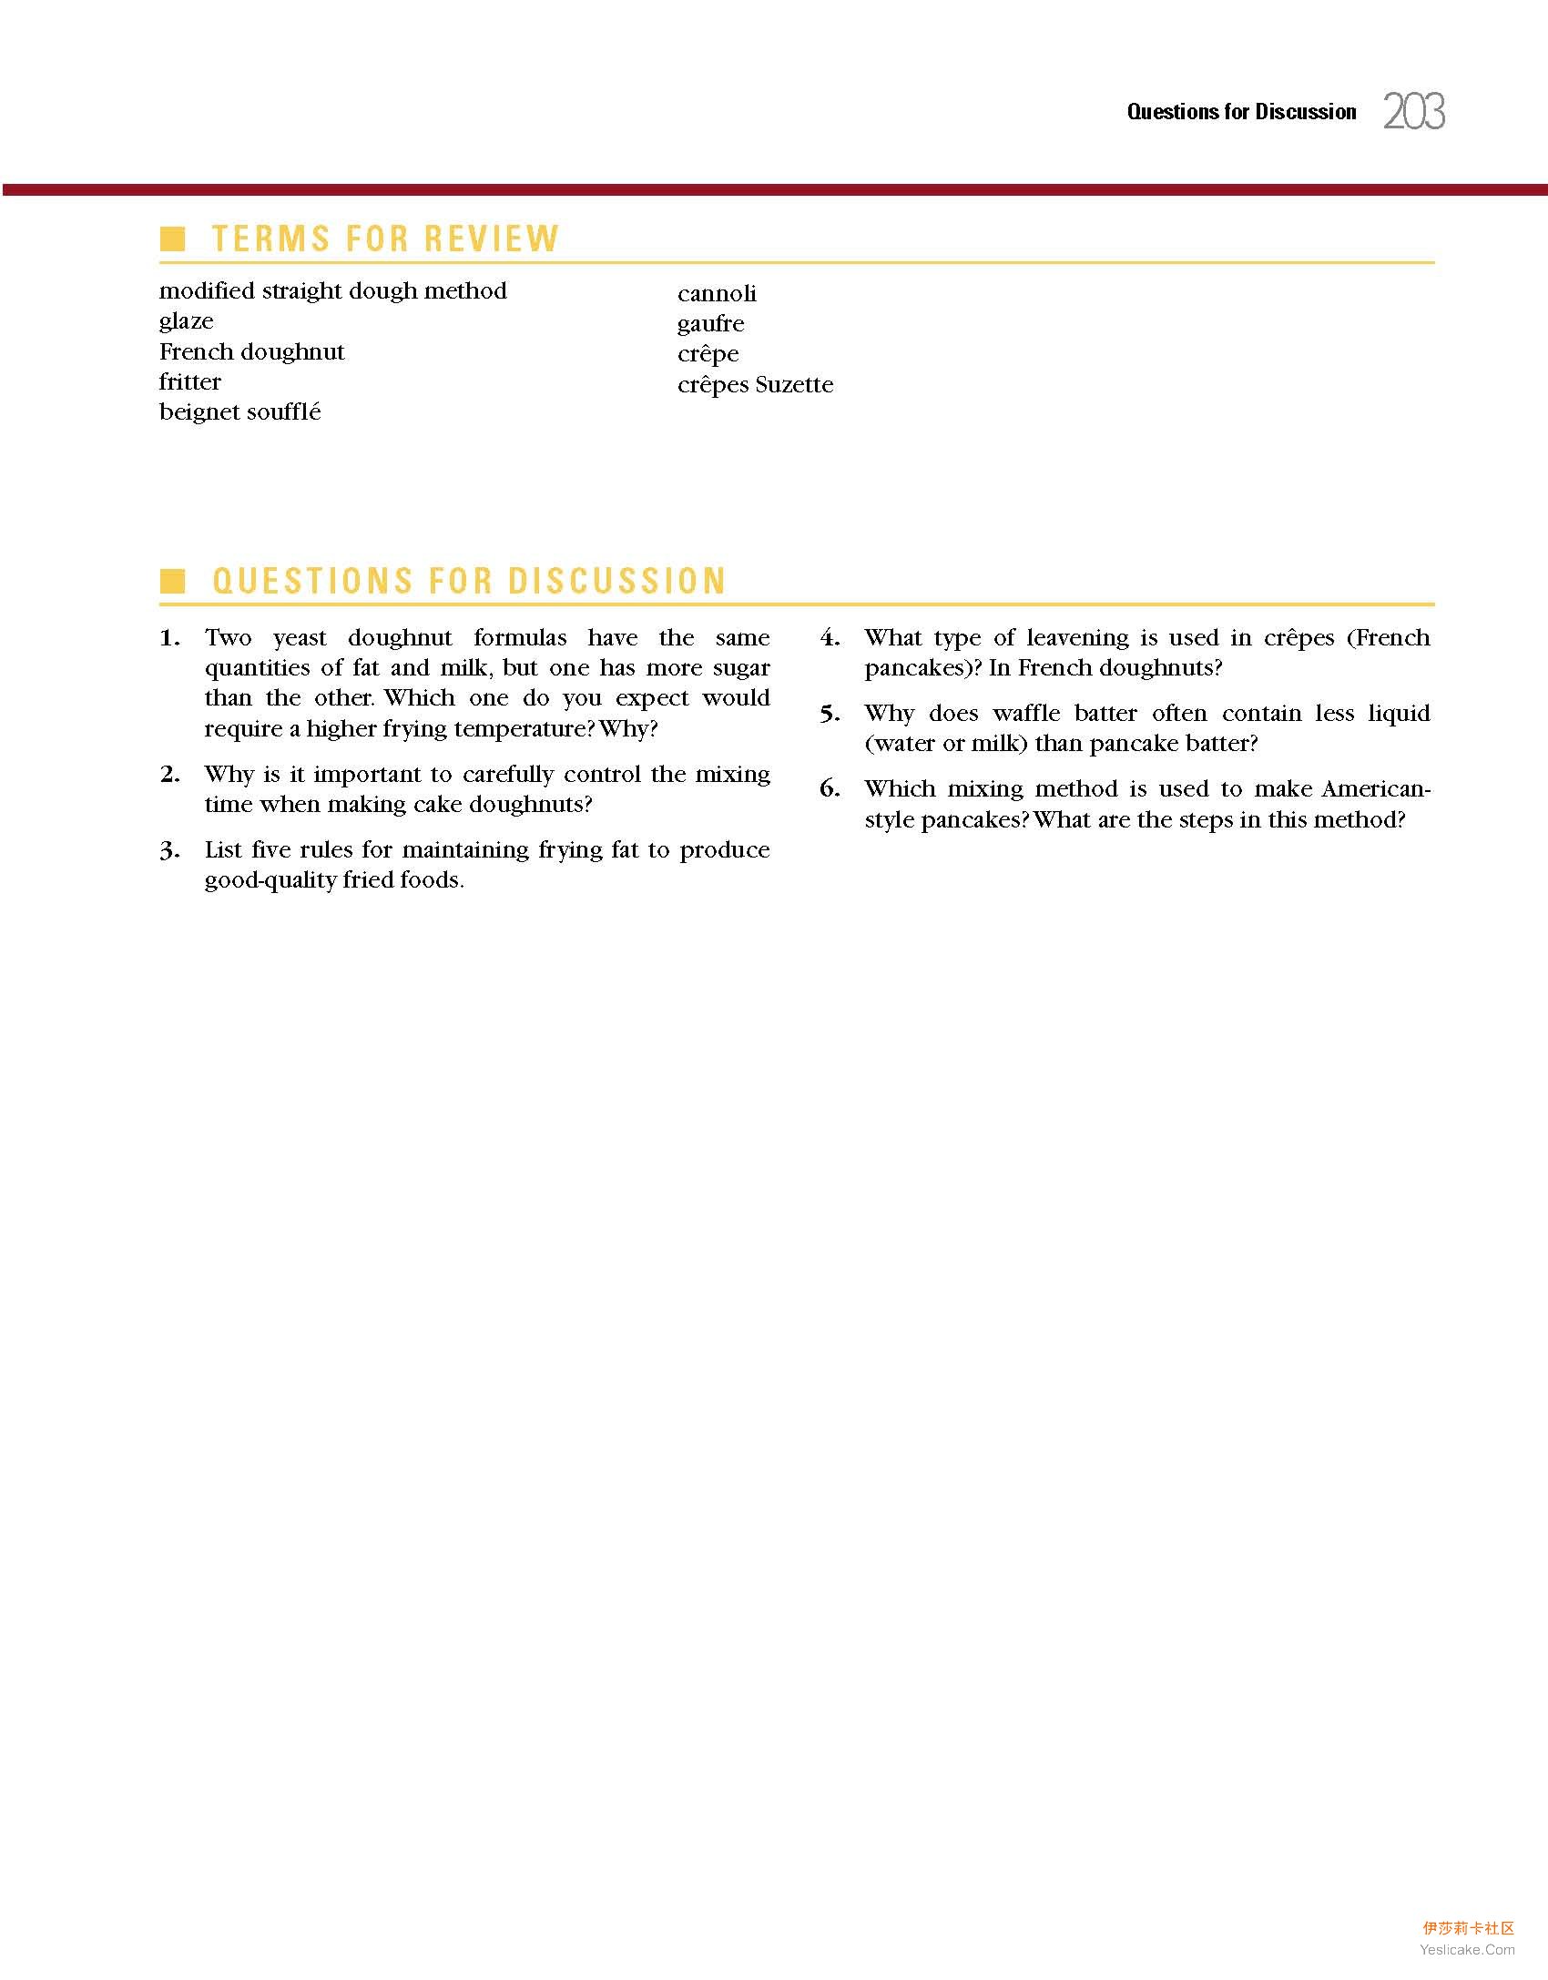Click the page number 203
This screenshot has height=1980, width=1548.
pos(1414,112)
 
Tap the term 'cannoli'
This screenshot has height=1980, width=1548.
pos(717,294)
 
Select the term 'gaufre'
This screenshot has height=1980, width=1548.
pos(710,324)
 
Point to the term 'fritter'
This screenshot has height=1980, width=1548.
pos(190,382)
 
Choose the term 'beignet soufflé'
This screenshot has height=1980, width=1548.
pos(240,412)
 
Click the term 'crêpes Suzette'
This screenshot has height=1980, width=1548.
pos(755,385)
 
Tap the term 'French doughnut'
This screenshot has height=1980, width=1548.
pos(252,352)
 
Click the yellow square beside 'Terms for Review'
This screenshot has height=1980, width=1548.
pos(172,239)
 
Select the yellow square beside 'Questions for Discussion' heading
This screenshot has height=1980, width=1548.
pos(172,581)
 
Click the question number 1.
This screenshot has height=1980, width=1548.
pos(169,638)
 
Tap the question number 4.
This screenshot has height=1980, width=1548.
pos(830,638)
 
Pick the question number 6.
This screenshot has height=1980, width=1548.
pos(830,789)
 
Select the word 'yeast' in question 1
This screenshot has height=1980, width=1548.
pos(300,638)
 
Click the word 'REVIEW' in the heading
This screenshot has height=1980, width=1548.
pos(491,239)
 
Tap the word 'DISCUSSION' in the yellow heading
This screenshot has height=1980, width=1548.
pos(617,581)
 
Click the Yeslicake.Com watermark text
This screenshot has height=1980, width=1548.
pos(1467,1949)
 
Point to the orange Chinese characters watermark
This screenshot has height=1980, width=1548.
pos(1468,1927)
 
